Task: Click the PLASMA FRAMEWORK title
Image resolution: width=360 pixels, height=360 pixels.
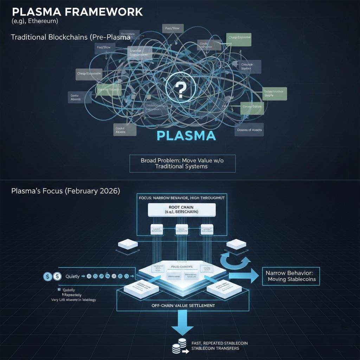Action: point(77,12)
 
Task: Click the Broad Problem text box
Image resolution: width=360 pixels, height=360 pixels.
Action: point(182,163)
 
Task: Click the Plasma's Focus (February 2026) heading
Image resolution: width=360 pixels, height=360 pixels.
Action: point(66,191)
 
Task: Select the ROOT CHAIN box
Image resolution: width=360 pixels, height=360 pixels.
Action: point(182,210)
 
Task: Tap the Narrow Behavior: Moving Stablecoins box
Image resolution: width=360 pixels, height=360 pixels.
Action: point(291,276)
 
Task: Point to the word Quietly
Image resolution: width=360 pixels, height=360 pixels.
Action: point(73,276)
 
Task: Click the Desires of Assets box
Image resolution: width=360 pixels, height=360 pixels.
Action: point(249,130)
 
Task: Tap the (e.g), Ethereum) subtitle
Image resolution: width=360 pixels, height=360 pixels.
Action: point(35,21)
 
